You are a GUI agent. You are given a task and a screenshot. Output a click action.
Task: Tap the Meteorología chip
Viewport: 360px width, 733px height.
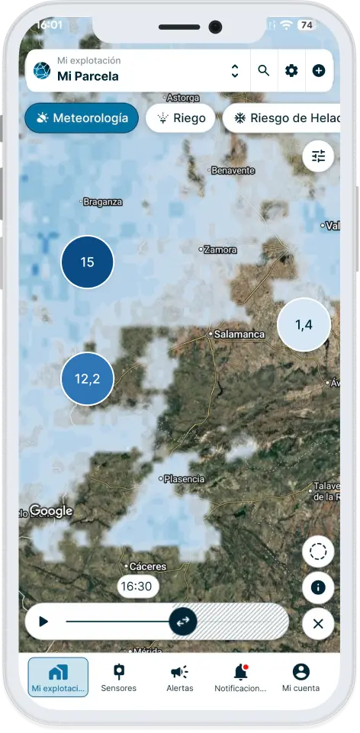click(81, 119)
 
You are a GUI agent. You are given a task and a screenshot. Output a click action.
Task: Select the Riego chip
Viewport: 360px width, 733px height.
click(181, 119)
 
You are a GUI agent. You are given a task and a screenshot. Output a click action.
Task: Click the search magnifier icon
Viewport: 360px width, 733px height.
click(264, 71)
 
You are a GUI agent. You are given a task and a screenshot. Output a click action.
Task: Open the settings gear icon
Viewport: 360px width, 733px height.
click(291, 71)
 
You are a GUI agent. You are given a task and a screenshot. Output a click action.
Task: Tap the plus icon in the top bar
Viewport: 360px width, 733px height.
click(319, 71)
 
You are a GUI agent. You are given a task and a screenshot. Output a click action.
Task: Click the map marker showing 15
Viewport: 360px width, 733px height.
click(87, 262)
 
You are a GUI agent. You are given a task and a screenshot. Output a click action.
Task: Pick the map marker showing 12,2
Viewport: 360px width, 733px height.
click(87, 378)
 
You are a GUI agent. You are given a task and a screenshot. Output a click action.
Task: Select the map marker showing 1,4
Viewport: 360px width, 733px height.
click(304, 325)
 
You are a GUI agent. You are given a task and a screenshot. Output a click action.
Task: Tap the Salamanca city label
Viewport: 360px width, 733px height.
click(238, 334)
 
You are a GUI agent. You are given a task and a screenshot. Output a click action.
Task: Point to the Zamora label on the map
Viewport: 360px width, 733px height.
click(220, 249)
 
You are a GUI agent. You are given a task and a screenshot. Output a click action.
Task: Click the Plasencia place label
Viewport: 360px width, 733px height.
click(184, 479)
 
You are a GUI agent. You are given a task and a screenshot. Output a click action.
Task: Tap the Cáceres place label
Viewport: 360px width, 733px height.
click(146, 567)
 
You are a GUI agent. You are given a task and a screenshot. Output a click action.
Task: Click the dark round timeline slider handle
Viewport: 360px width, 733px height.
click(183, 622)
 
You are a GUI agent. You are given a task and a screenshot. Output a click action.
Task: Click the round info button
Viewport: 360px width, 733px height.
click(318, 587)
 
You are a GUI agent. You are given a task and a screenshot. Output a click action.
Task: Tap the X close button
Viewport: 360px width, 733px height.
click(318, 624)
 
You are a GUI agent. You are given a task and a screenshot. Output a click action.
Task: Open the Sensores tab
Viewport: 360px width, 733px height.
click(118, 677)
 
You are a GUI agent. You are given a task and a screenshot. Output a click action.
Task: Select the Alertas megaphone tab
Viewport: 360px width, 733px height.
click(180, 677)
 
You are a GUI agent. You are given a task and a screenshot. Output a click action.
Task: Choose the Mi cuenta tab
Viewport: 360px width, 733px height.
click(301, 677)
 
